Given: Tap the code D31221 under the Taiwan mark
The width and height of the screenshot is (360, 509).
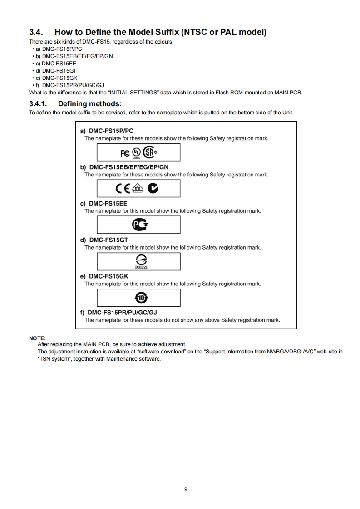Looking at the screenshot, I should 138,267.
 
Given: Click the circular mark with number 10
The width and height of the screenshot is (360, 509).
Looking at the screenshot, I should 138,298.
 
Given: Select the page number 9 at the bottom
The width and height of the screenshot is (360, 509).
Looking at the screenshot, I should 186,489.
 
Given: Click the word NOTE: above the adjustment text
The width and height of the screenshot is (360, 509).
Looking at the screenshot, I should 38,338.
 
